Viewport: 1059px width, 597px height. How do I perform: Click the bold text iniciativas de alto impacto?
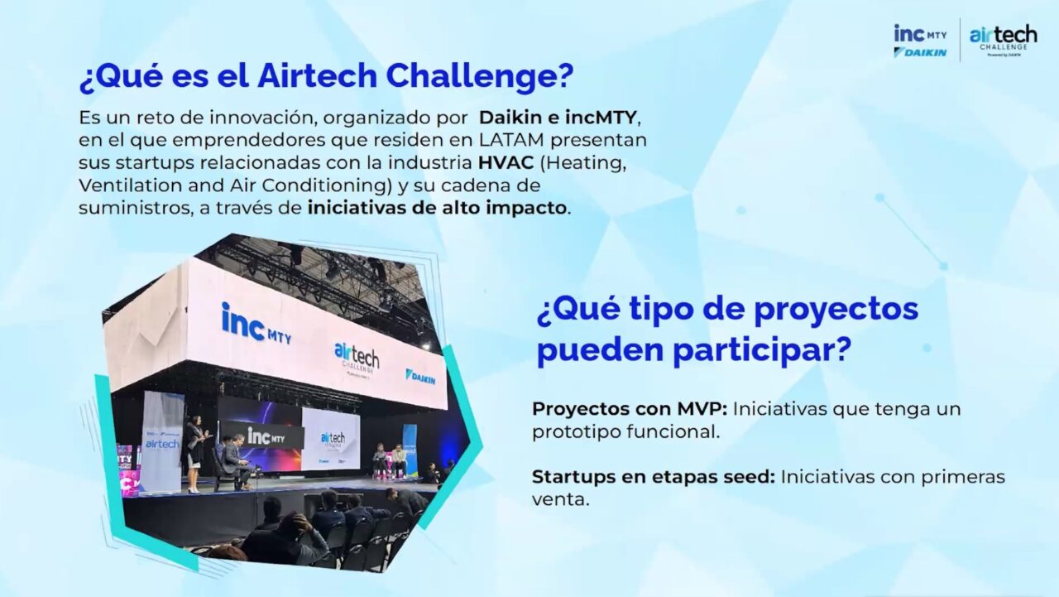[438, 208]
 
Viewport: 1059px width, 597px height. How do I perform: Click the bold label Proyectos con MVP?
[629, 409]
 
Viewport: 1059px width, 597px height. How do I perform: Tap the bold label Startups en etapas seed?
[653, 477]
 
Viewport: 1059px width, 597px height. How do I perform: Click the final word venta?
[560, 500]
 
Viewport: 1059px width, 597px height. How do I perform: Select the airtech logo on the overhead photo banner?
[357, 358]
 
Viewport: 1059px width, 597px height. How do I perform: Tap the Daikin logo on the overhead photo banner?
[420, 377]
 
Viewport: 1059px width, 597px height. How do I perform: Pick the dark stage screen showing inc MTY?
[260, 434]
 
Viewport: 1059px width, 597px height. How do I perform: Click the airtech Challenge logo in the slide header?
[1003, 38]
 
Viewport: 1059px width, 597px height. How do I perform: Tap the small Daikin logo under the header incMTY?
[920, 52]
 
